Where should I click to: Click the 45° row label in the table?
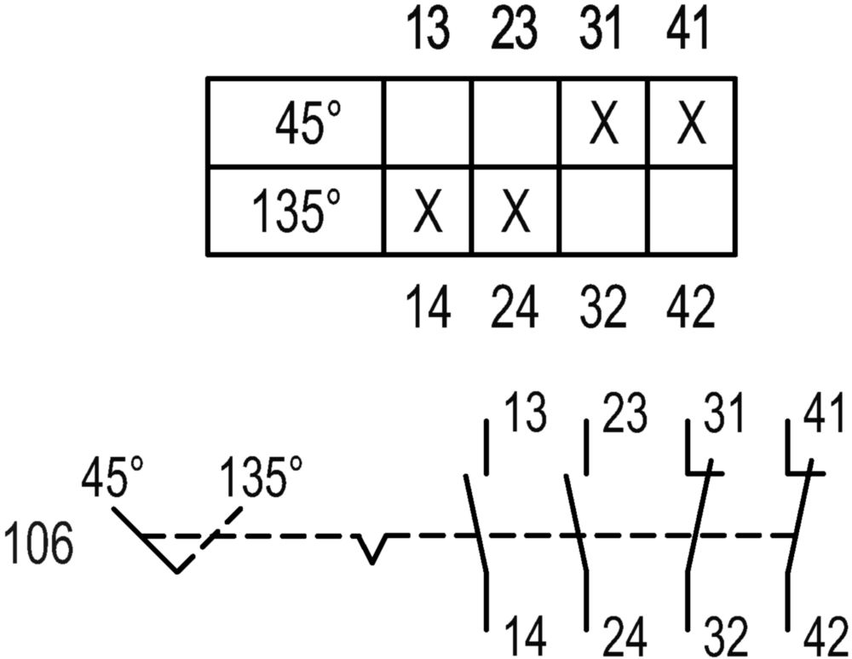[x=308, y=123]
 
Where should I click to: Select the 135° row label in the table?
[x=296, y=211]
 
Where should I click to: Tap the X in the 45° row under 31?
[x=604, y=124]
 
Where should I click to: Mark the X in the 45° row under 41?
[x=692, y=124]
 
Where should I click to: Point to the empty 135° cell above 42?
[x=692, y=211]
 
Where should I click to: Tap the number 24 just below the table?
[x=515, y=307]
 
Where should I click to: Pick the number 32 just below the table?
[x=603, y=307]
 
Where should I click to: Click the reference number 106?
[x=38, y=543]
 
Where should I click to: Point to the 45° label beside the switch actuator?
[x=113, y=477]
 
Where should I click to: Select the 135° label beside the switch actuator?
[x=260, y=477]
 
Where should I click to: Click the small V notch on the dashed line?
[x=371, y=548]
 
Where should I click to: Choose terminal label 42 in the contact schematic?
[x=825, y=637]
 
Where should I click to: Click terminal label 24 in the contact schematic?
[x=625, y=637]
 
